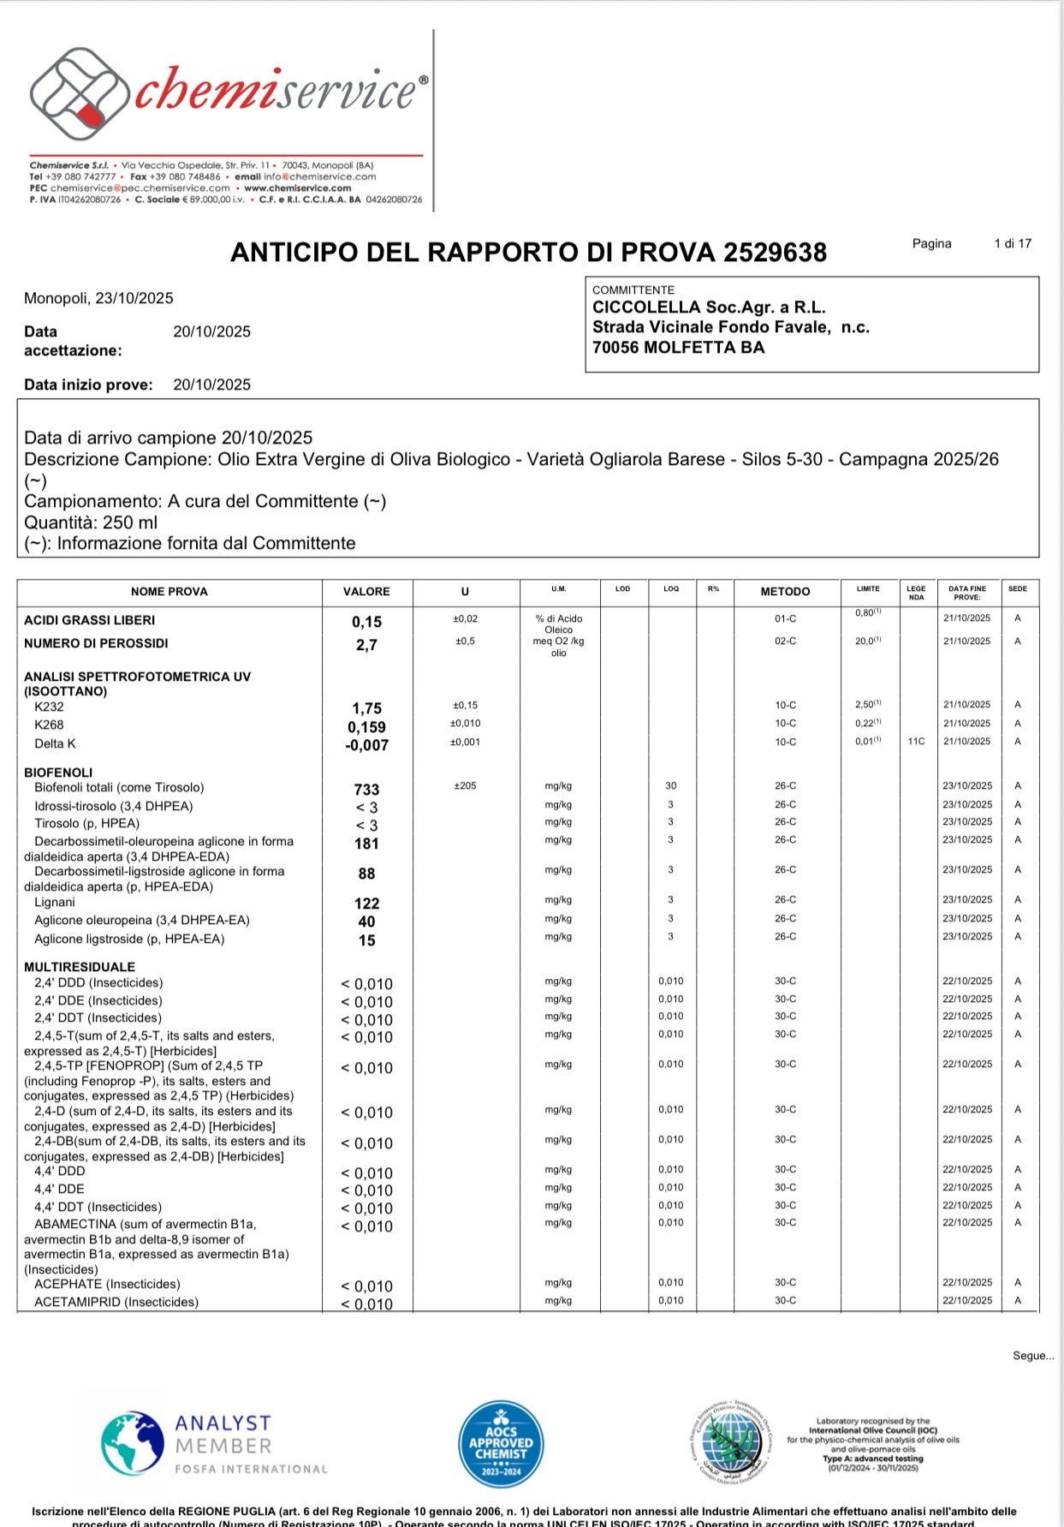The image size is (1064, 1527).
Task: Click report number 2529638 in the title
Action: coord(775,253)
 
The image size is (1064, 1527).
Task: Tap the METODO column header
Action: coord(785,592)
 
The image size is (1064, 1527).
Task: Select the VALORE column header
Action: coord(366,592)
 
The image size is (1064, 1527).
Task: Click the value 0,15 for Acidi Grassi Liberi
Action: coord(366,622)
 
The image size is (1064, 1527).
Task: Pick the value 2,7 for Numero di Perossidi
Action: coord(366,645)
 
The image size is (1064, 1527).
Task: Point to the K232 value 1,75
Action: coord(366,708)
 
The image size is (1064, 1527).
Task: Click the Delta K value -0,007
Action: coord(366,745)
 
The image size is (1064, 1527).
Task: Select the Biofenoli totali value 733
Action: coord(366,790)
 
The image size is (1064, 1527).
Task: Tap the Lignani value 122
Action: coord(366,904)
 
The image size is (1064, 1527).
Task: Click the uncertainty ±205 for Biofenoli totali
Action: coord(465,786)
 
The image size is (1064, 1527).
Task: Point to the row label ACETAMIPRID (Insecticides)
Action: coord(116,1302)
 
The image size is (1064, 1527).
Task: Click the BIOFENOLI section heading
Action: coord(58,772)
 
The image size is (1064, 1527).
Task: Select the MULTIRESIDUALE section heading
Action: coord(80,967)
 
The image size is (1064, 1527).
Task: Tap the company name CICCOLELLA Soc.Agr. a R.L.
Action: coord(709,307)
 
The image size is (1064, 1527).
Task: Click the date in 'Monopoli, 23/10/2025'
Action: coord(134,298)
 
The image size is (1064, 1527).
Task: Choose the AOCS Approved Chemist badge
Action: coord(501,1445)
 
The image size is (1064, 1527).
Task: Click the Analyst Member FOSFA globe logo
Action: coord(133,1444)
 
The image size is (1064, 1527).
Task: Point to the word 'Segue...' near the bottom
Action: coord(1033,1356)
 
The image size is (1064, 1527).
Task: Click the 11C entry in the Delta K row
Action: coord(916,742)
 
